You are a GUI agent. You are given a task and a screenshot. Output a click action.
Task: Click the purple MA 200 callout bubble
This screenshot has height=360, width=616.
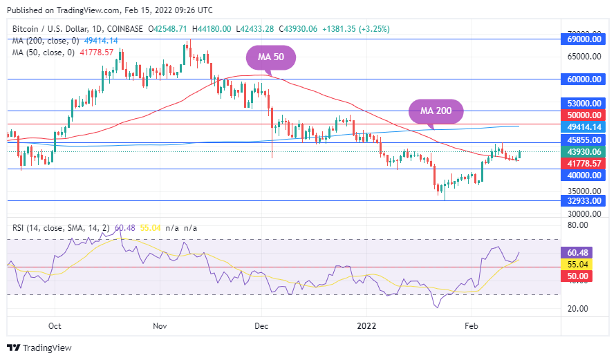pos(435,111)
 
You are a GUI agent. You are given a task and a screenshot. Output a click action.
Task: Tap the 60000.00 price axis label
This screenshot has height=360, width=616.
pos(584,79)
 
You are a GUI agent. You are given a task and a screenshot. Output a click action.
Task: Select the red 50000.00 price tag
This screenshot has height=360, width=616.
pos(584,115)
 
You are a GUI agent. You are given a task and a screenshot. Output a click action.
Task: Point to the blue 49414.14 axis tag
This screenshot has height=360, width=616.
pos(584,127)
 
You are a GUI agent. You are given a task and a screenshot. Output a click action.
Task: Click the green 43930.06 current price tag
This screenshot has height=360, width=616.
pos(584,151)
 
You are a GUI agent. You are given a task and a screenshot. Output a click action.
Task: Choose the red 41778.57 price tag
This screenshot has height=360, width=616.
pos(584,163)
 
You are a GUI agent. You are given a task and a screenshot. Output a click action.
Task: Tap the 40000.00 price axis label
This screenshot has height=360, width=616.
pos(584,176)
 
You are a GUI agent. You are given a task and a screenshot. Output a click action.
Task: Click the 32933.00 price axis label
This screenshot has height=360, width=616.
pos(584,200)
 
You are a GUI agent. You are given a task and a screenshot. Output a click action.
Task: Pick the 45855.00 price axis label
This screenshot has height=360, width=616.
pos(584,140)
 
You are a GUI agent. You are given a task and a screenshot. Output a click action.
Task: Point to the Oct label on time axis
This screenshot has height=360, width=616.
pos(55,325)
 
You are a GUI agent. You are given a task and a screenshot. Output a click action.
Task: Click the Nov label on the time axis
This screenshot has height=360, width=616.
pos(159,325)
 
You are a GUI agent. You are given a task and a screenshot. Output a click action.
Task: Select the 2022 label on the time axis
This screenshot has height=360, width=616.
pos(366,325)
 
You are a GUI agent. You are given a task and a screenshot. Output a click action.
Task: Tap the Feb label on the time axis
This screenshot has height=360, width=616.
pos(472,325)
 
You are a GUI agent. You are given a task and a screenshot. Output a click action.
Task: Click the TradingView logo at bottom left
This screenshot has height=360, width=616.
pos(39,348)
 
